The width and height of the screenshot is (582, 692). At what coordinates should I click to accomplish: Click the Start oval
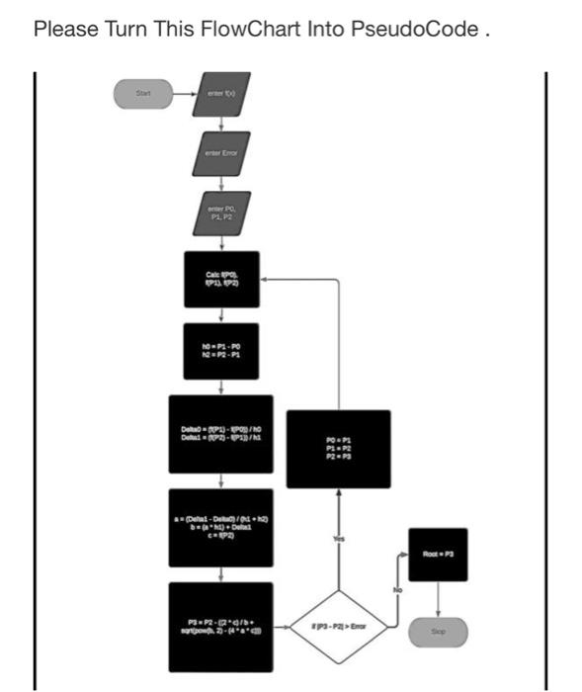point(144,94)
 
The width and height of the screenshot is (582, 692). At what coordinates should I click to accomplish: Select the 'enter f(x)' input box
point(221,94)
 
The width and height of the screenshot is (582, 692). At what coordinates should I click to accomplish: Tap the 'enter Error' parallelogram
point(221,153)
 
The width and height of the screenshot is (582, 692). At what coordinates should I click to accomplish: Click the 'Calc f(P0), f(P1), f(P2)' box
point(221,279)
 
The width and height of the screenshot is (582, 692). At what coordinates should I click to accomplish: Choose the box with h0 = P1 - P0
point(221,351)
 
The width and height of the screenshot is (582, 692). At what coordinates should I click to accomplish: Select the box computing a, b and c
point(221,527)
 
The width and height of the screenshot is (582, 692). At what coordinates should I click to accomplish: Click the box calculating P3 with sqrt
point(221,625)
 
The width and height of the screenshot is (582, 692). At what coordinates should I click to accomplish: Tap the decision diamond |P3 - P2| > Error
point(339,626)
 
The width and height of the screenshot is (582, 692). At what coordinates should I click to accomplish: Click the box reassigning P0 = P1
point(339,449)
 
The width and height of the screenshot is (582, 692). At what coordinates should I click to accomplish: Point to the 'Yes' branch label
point(339,539)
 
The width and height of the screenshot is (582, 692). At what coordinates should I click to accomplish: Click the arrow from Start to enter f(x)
point(183,94)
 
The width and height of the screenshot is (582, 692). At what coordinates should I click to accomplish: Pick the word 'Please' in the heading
point(65,29)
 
